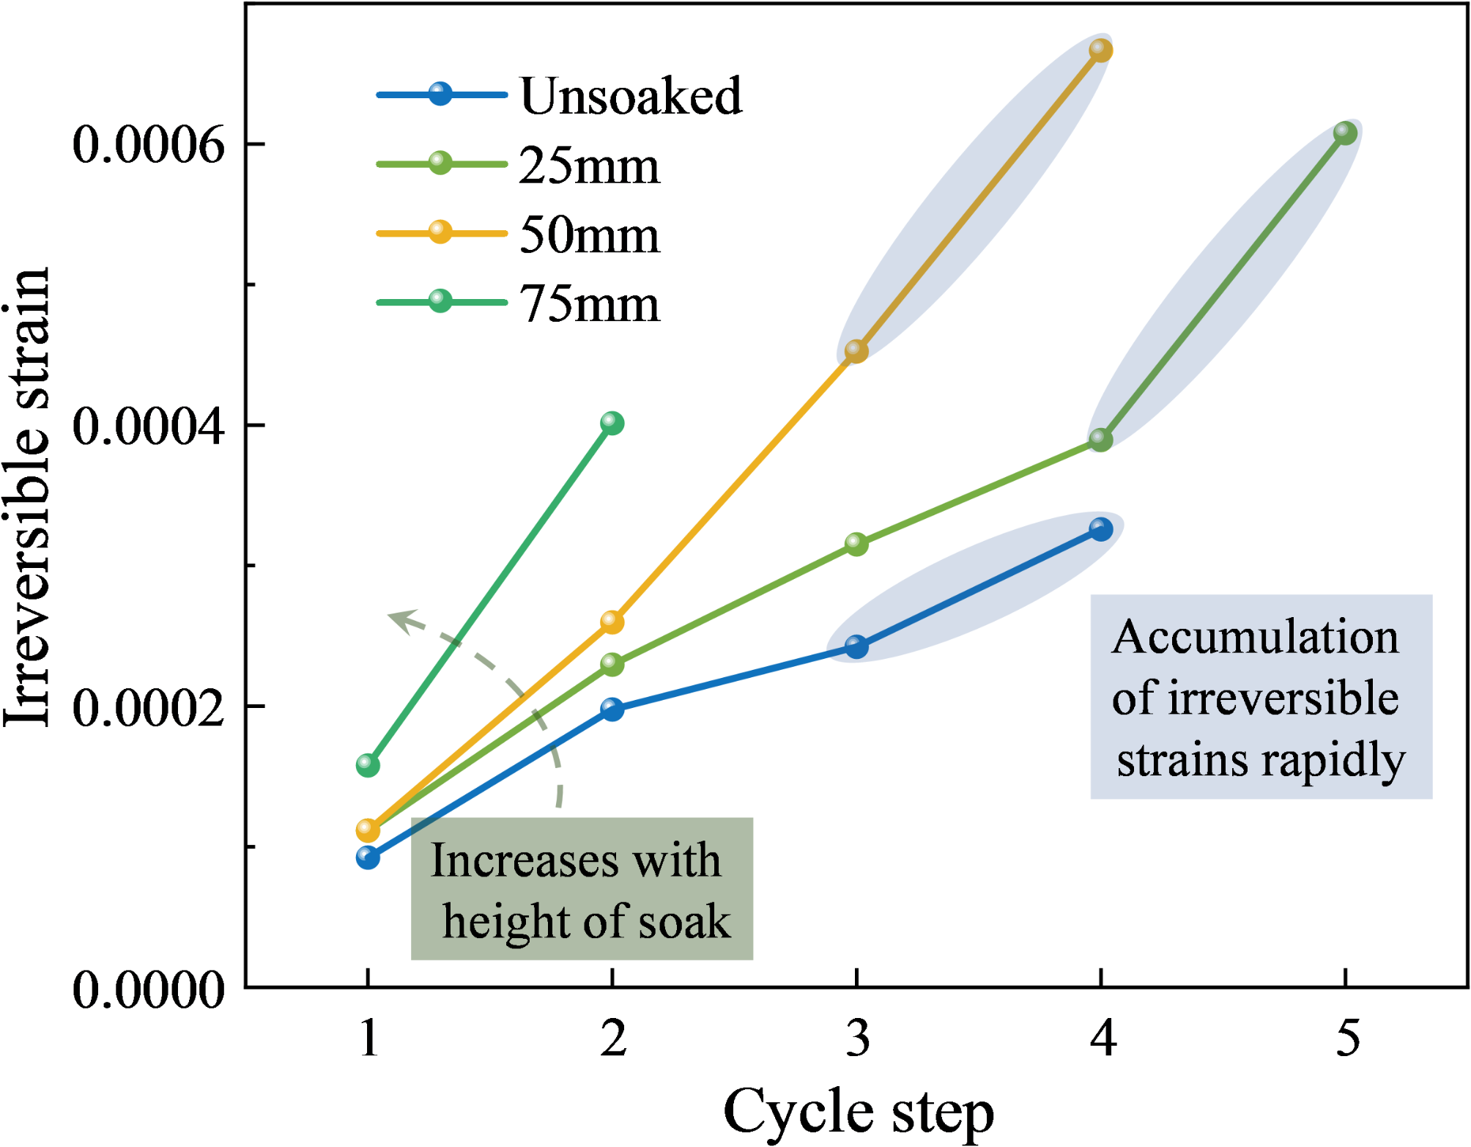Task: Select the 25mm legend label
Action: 589,166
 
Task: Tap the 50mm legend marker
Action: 440,232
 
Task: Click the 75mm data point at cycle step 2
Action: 612,423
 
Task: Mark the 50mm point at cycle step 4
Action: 1100,50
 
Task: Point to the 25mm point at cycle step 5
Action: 1345,133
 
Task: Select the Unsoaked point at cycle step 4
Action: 1100,529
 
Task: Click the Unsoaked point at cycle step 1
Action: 368,857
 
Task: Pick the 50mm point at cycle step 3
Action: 856,351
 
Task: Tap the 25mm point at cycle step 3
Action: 856,544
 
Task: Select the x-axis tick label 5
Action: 1347,1039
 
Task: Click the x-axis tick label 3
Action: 857,1039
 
